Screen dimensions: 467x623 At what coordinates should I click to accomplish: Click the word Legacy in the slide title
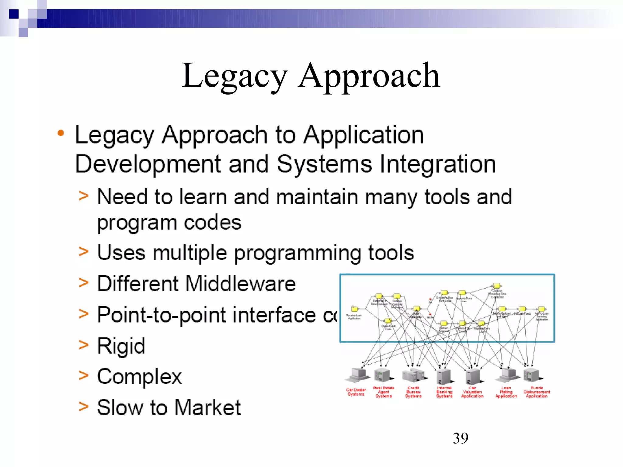[x=234, y=76]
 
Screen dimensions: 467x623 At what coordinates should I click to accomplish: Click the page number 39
[x=460, y=438]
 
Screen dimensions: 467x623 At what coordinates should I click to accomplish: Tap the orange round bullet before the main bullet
[x=61, y=133]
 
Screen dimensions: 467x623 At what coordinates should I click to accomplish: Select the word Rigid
[x=121, y=346]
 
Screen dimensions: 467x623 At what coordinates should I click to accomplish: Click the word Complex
[x=139, y=377]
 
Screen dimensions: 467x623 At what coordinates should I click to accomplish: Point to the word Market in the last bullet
[x=207, y=408]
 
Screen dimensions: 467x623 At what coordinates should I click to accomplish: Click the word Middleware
[x=240, y=284]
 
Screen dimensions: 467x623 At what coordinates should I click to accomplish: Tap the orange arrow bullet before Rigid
[x=83, y=345]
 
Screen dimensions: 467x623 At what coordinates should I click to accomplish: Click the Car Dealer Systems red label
[x=356, y=392]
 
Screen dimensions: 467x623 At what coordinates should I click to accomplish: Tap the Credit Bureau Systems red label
[x=413, y=392]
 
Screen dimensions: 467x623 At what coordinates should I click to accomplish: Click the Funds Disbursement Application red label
[x=537, y=392]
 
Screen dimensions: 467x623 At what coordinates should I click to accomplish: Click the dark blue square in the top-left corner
[x=14, y=14]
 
